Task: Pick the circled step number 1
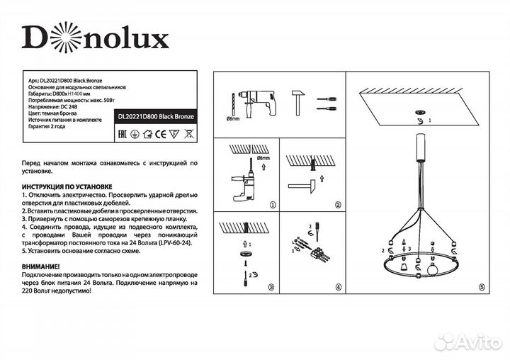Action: pos(273,205)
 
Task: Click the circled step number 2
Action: pos(338,205)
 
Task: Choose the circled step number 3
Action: pos(273,288)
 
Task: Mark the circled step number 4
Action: pos(338,288)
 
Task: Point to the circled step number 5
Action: pos(482,288)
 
